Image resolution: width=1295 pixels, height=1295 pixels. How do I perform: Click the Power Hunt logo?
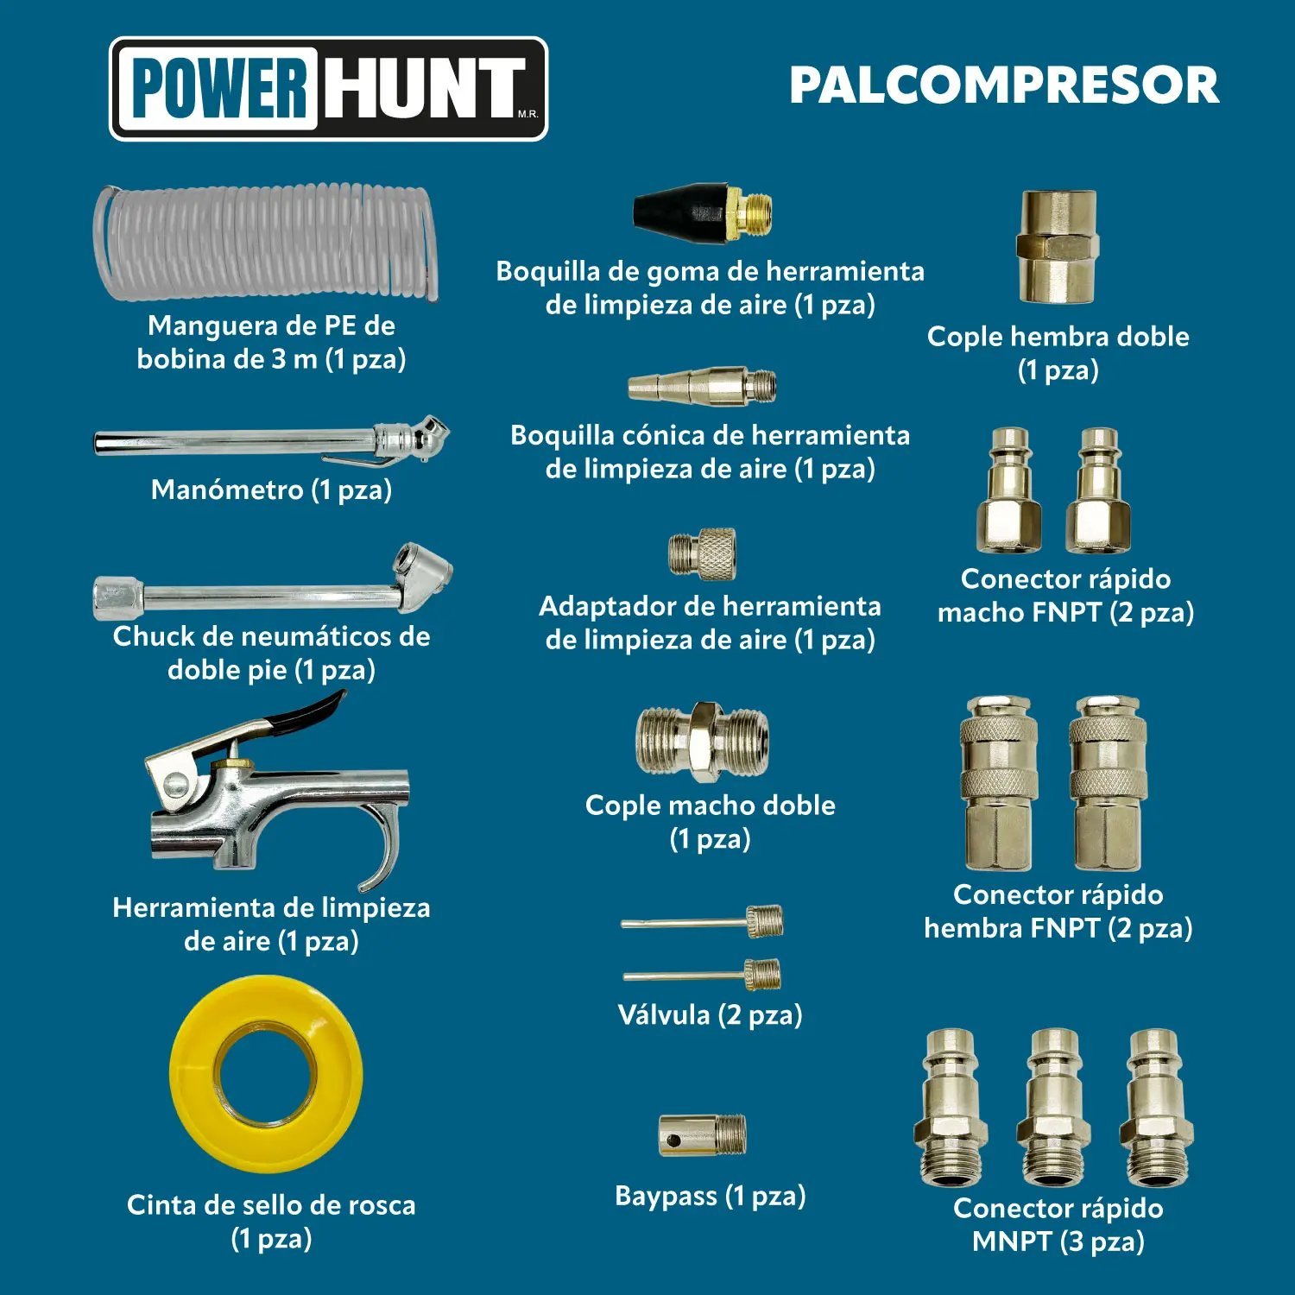[x=328, y=89]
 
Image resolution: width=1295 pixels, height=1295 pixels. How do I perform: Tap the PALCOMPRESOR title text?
[x=1004, y=85]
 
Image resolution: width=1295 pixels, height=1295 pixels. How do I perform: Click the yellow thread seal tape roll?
[x=266, y=1073]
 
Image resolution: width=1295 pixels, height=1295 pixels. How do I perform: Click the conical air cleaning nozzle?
[x=702, y=385]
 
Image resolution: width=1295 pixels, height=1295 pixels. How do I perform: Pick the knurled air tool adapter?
[x=702, y=553]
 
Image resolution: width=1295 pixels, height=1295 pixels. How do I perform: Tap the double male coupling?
[x=702, y=741]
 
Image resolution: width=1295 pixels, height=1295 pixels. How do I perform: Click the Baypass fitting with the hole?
[x=702, y=1134]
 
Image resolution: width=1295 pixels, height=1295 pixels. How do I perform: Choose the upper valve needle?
[x=702, y=922]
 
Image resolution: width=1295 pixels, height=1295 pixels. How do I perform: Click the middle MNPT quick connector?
[x=1054, y=1107]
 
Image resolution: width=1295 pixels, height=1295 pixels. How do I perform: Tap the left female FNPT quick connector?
[x=999, y=783]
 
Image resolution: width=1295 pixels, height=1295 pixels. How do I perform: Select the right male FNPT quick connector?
[x=1098, y=490]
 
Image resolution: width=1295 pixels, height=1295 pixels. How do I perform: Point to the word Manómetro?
[x=227, y=490]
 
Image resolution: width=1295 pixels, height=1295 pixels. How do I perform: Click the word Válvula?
[x=663, y=1014]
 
